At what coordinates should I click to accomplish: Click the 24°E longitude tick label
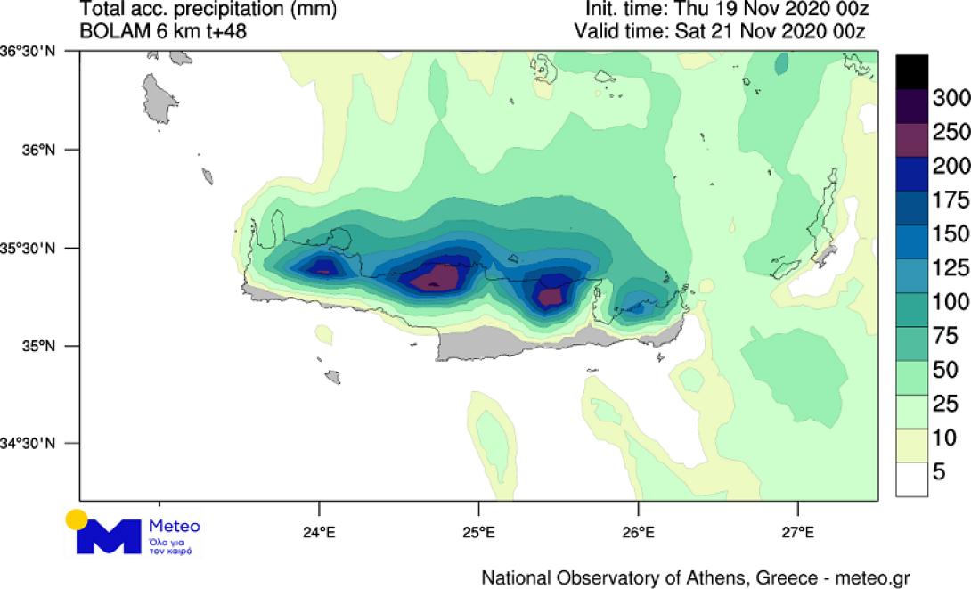pyautogui.click(x=319, y=534)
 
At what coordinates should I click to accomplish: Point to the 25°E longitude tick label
pyautogui.click(x=478, y=534)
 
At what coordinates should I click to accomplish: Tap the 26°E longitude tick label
pyautogui.click(x=638, y=534)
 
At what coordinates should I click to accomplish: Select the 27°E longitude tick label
pyautogui.click(x=797, y=534)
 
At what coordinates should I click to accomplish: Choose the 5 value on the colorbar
pyautogui.click(x=940, y=472)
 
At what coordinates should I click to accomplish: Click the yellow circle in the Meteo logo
pyautogui.click(x=77, y=519)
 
